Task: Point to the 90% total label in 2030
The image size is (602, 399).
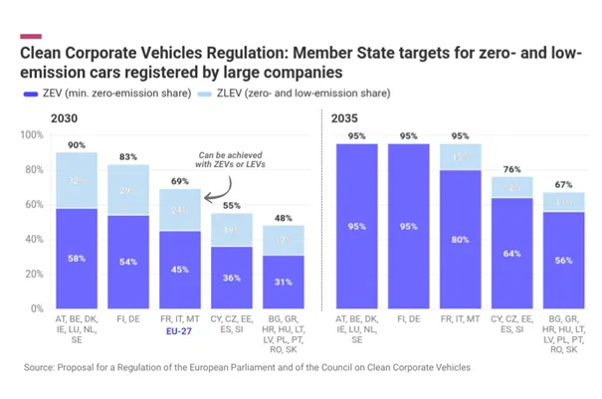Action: (x=77, y=145)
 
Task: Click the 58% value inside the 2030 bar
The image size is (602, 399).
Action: (x=77, y=259)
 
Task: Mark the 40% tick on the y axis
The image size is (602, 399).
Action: (x=37, y=240)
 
